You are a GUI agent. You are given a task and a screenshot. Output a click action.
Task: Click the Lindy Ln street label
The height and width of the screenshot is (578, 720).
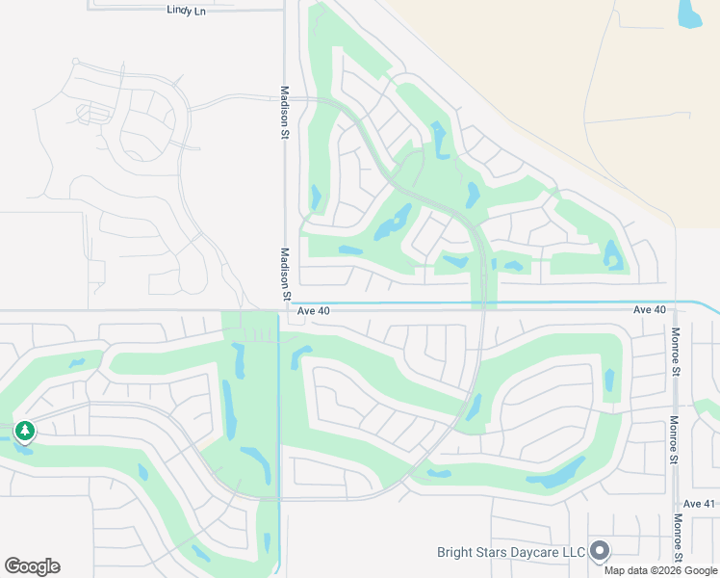[x=187, y=10]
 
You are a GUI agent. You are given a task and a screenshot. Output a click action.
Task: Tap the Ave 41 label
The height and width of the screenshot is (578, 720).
[x=700, y=504]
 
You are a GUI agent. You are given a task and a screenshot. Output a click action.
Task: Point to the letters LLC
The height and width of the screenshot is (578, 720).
[x=575, y=552]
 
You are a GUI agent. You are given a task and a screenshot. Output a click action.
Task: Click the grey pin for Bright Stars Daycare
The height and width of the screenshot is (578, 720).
[x=601, y=550]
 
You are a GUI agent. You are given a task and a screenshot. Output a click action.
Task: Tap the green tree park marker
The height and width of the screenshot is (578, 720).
[x=24, y=431]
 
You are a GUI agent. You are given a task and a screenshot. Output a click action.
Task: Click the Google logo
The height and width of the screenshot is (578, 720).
[x=32, y=566]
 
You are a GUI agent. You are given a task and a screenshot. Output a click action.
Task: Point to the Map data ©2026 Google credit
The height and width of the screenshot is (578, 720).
[x=661, y=570]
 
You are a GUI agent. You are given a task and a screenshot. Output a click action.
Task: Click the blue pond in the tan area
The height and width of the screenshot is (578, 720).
[x=689, y=13]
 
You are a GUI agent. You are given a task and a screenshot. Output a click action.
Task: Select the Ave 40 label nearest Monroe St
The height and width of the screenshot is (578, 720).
[x=650, y=310]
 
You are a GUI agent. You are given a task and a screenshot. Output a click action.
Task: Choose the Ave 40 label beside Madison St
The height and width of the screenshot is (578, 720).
[x=313, y=311]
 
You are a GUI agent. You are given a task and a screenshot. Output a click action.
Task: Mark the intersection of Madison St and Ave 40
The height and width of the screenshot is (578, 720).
[x=285, y=310]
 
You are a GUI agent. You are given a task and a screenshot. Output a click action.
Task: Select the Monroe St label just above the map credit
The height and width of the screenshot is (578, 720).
[x=678, y=537]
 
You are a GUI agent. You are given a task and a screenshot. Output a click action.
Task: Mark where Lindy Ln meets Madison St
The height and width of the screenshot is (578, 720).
[x=285, y=11]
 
